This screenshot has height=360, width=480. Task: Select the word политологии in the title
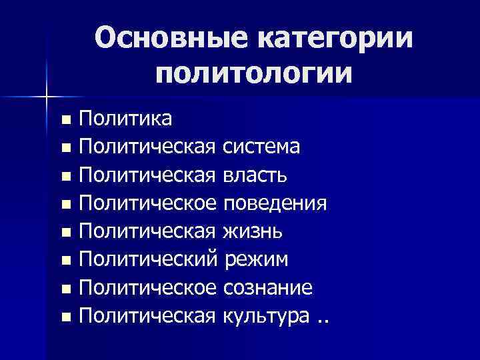click(x=253, y=72)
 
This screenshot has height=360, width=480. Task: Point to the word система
click(x=261, y=147)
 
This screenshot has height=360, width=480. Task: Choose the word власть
click(x=256, y=175)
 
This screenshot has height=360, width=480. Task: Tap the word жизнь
click(x=253, y=231)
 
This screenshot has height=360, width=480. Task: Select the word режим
click(x=255, y=259)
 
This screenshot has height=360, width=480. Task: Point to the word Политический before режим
click(x=148, y=259)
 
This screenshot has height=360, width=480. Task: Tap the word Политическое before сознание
click(x=147, y=287)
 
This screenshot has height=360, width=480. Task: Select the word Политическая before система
click(x=147, y=147)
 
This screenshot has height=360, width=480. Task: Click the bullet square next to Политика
click(x=64, y=121)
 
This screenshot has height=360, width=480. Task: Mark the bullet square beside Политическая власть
click(x=64, y=177)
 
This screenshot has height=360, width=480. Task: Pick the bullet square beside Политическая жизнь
click(x=64, y=233)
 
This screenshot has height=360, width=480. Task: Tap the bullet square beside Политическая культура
click(x=64, y=318)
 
